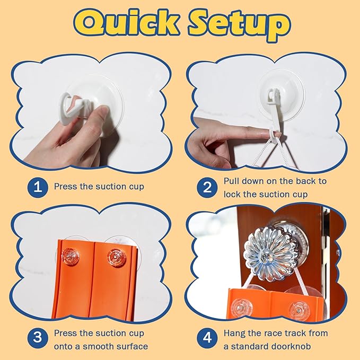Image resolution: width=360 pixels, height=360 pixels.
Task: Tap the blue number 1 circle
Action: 38,187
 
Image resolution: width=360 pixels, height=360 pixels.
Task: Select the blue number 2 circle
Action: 207,187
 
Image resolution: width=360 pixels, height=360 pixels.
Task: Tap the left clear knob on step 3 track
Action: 71,257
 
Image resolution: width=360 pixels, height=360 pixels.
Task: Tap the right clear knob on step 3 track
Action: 116,257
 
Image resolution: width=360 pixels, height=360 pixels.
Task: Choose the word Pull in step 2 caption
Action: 231,181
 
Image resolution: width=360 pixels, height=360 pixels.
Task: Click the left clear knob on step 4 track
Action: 242,307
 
